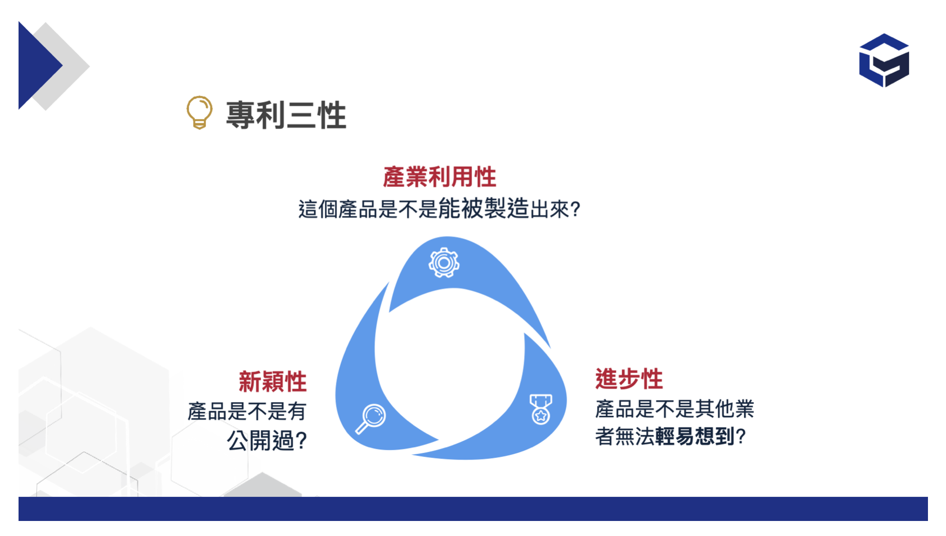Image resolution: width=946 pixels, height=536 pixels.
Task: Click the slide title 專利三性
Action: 286,115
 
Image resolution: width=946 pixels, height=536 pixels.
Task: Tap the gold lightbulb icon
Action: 199,113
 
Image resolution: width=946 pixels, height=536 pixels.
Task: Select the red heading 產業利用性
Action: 439,177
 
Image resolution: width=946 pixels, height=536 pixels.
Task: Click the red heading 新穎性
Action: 273,382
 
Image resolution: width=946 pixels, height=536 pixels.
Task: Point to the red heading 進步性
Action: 629,379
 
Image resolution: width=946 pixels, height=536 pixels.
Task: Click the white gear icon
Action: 444,262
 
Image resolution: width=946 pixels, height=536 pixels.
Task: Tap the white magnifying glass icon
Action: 371,418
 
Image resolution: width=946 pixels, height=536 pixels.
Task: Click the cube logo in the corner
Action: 884,60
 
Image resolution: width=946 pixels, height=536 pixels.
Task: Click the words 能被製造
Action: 484,208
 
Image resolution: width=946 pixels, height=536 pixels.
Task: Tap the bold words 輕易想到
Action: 694,436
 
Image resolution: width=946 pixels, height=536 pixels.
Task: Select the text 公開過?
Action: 267,441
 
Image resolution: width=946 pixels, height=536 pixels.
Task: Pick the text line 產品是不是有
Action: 247,412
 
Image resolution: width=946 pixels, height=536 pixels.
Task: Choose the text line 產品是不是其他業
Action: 674,409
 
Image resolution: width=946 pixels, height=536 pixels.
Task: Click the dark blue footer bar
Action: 473,509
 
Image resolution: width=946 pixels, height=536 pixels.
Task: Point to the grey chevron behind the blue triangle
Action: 70,66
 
